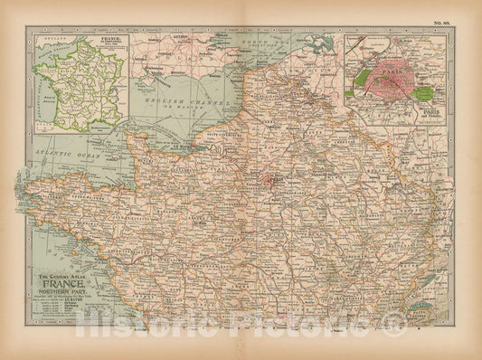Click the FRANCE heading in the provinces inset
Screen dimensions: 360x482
[x=112, y=41]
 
